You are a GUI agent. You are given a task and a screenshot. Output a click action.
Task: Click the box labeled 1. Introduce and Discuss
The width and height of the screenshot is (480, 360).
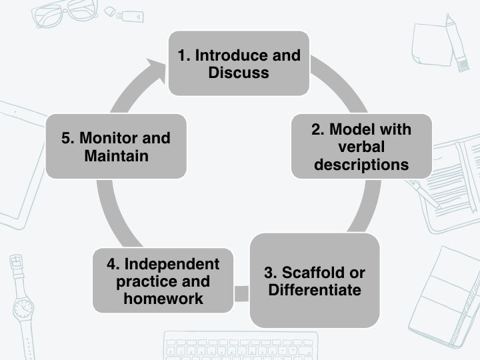pos(239,63)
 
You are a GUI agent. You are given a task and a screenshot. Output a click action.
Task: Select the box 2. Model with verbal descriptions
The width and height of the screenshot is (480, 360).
pos(361,146)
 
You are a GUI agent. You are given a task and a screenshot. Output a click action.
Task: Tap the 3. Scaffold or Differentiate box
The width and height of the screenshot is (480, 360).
pos(315,281)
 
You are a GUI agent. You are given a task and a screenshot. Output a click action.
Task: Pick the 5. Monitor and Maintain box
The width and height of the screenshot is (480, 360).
pos(116,147)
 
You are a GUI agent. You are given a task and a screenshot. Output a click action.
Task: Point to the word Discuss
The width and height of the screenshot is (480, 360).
pos(239,73)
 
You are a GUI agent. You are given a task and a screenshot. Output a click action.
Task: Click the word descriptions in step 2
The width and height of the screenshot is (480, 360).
pos(361,164)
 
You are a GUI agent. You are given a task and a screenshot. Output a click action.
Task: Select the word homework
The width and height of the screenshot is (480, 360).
pos(163,299)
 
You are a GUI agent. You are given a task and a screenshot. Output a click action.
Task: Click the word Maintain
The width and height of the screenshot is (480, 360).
pos(116,157)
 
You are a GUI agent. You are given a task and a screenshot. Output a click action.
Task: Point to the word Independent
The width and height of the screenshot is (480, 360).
pos(171,264)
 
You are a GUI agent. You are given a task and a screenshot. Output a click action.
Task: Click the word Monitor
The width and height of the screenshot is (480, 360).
pos(107,138)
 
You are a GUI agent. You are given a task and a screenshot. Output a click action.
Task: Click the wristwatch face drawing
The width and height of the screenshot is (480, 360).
pos(23,309)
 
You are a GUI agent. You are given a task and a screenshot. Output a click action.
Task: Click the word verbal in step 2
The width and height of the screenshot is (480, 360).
pos(361,147)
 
